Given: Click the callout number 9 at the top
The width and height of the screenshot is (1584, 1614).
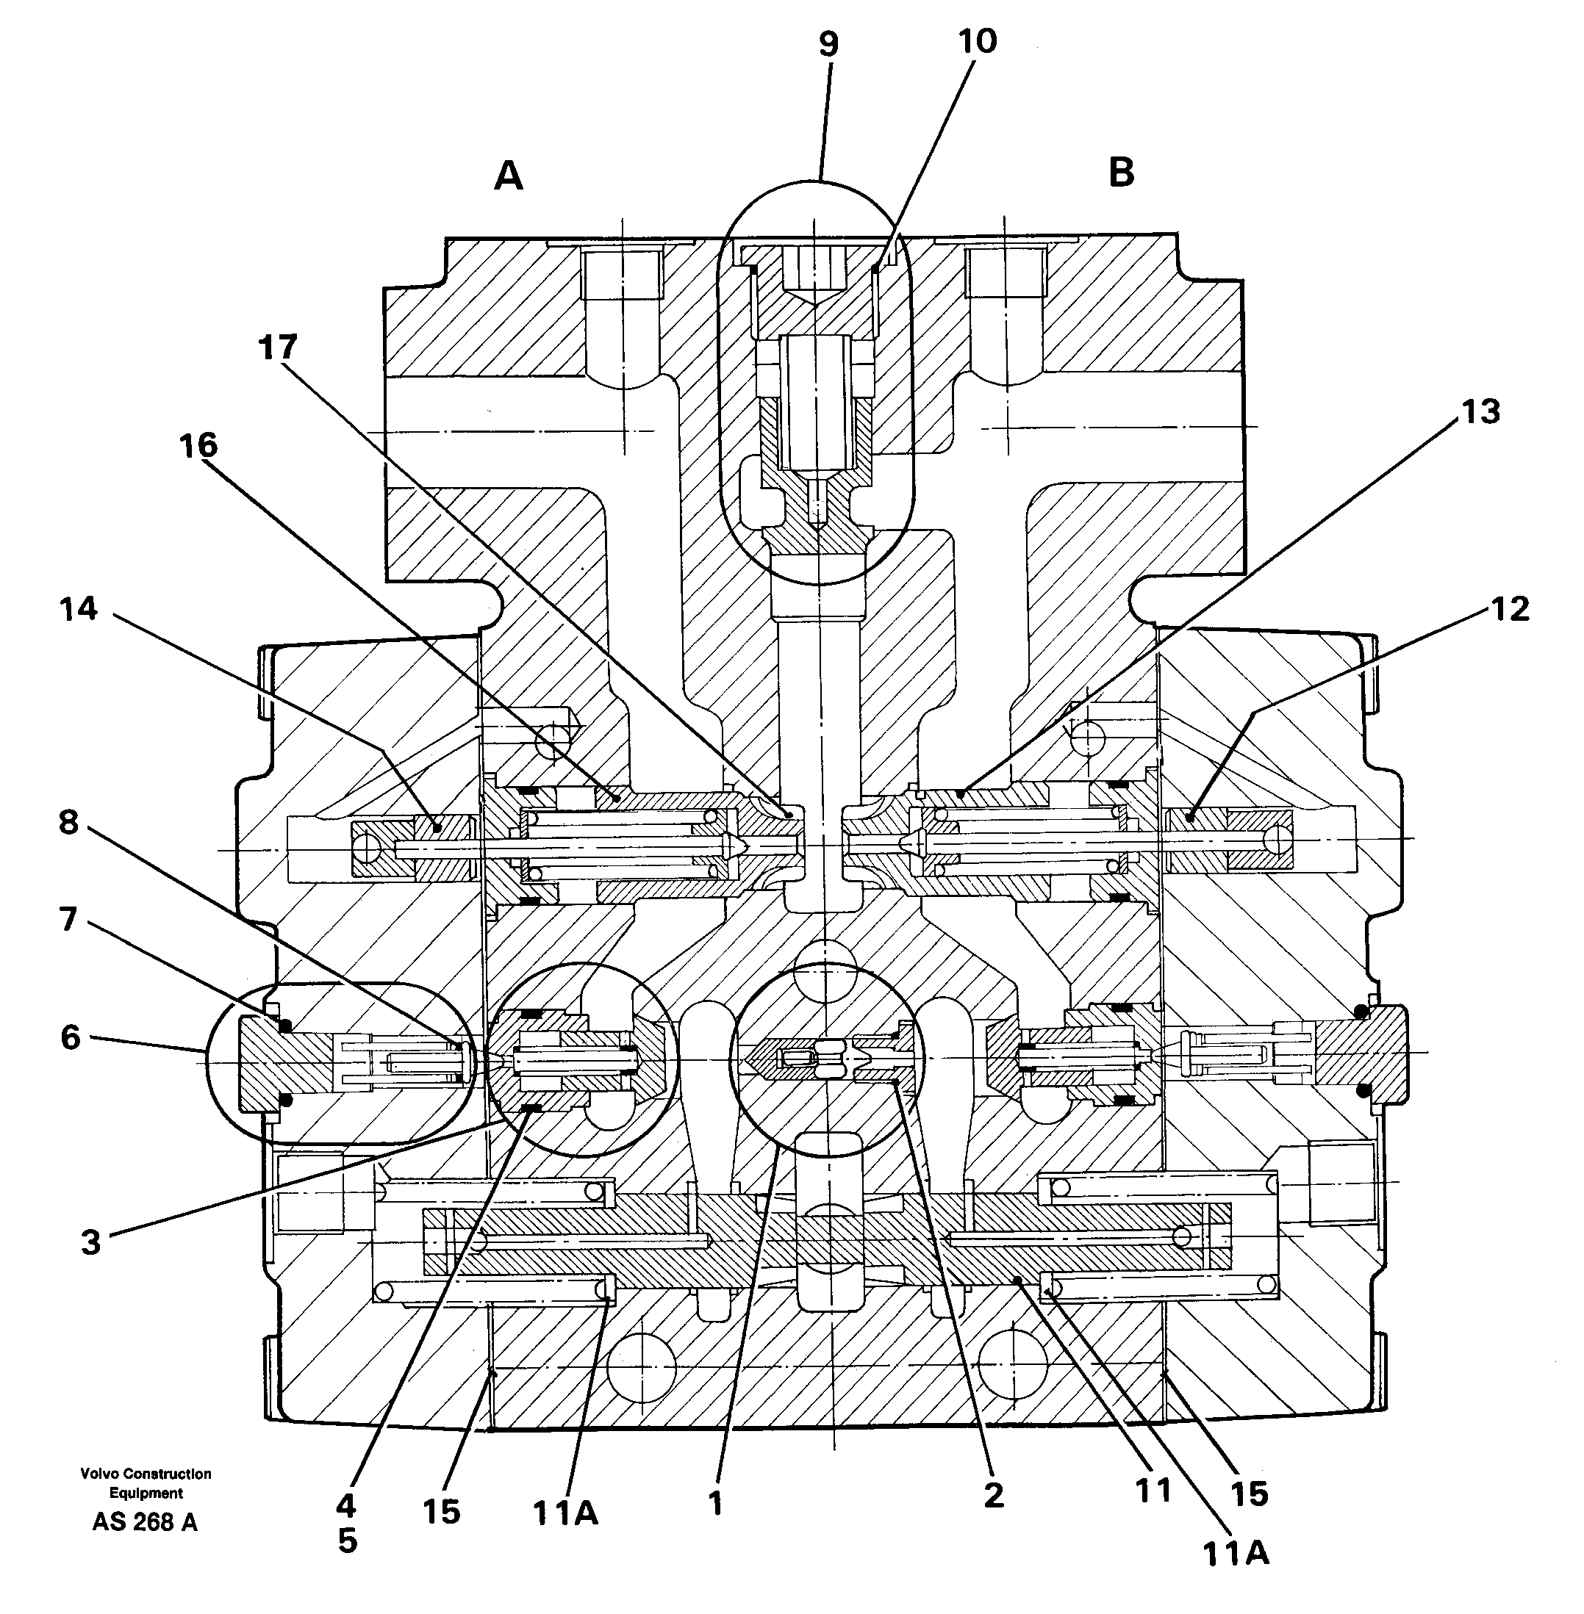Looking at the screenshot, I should [827, 45].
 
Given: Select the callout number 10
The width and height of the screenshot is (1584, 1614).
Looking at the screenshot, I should [978, 40].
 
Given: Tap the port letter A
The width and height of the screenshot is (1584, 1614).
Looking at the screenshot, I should [509, 176].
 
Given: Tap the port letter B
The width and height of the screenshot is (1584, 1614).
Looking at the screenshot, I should [1121, 173].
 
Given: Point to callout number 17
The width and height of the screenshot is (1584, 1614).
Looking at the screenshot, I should [278, 347].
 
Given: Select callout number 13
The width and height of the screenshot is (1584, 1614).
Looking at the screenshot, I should [1480, 411].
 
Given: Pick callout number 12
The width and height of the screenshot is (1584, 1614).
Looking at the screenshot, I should [1510, 610].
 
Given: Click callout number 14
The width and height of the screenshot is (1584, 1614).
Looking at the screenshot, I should [79, 610].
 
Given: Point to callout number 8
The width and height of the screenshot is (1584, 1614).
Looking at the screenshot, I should [68, 822].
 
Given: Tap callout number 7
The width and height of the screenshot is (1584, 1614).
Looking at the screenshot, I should [68, 920].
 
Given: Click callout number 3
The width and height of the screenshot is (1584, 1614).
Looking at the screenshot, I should [90, 1243].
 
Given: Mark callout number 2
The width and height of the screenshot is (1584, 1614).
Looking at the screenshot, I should [993, 1496].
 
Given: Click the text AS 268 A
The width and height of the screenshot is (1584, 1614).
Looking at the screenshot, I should [145, 1521].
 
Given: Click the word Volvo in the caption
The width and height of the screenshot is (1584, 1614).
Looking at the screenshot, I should [100, 1474].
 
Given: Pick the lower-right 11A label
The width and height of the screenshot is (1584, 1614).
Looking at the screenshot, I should [1236, 1553].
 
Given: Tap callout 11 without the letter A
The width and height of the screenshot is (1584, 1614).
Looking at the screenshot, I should [1153, 1491].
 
